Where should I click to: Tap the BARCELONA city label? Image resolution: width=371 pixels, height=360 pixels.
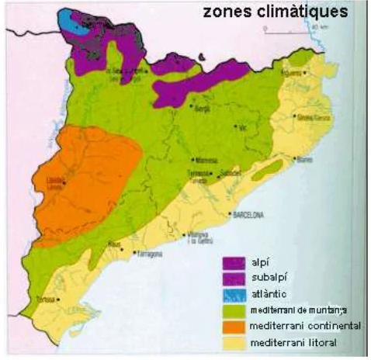coord(248,214)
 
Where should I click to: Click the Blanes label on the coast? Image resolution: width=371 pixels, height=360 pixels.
coord(304,161)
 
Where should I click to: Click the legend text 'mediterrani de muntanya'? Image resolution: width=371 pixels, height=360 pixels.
coord(298,310)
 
